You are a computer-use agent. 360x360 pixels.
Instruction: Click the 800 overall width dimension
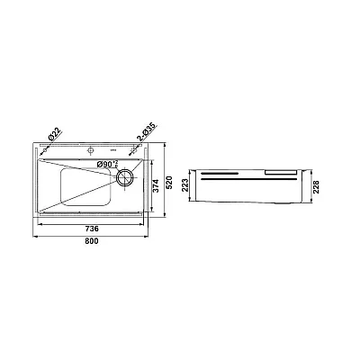coord(91,241)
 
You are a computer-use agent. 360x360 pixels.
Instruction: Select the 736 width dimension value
coord(92,229)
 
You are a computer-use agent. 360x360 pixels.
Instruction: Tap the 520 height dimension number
coord(169,183)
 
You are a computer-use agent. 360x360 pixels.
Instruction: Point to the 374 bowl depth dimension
coord(156,186)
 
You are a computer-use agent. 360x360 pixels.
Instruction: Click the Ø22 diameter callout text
coord(55,134)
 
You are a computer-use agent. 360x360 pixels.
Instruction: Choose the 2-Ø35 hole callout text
coord(147,132)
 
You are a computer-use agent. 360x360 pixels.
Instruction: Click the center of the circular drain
coord(124,177)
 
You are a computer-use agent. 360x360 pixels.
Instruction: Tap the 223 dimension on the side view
coord(185,185)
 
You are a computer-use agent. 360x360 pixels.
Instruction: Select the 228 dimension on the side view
coord(317,187)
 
